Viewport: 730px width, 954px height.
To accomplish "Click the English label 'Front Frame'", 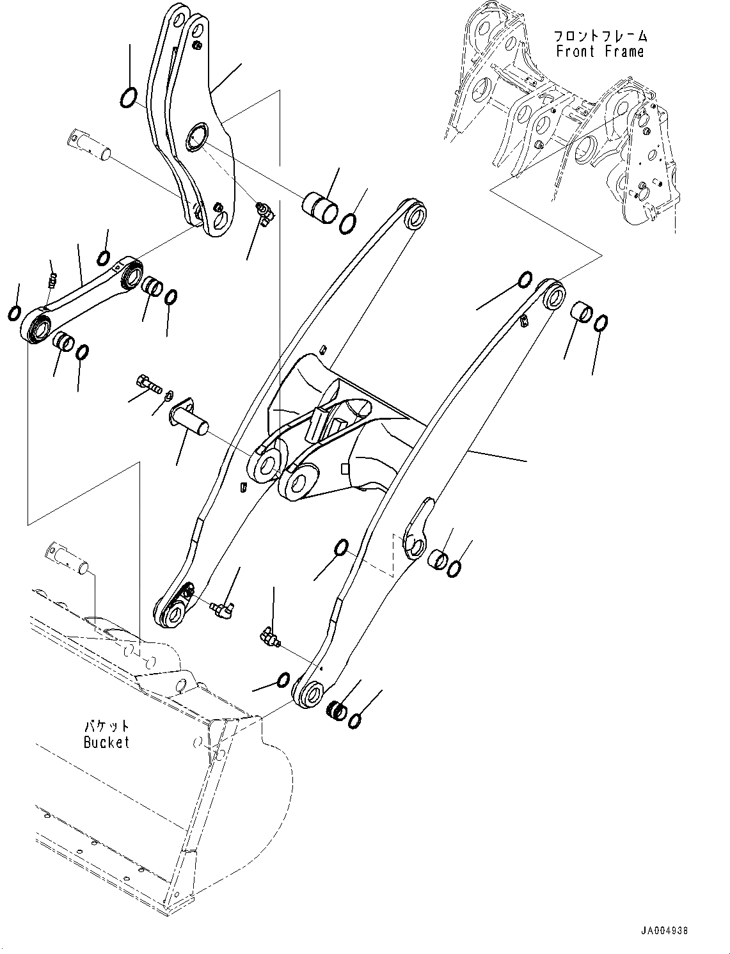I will point(599,52).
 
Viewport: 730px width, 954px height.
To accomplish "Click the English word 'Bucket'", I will point(106,742).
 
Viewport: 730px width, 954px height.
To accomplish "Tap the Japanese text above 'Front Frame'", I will point(599,36).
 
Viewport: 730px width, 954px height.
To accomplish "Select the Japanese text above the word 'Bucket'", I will point(107,726).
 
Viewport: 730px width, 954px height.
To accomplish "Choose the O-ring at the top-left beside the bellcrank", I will point(129,97).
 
